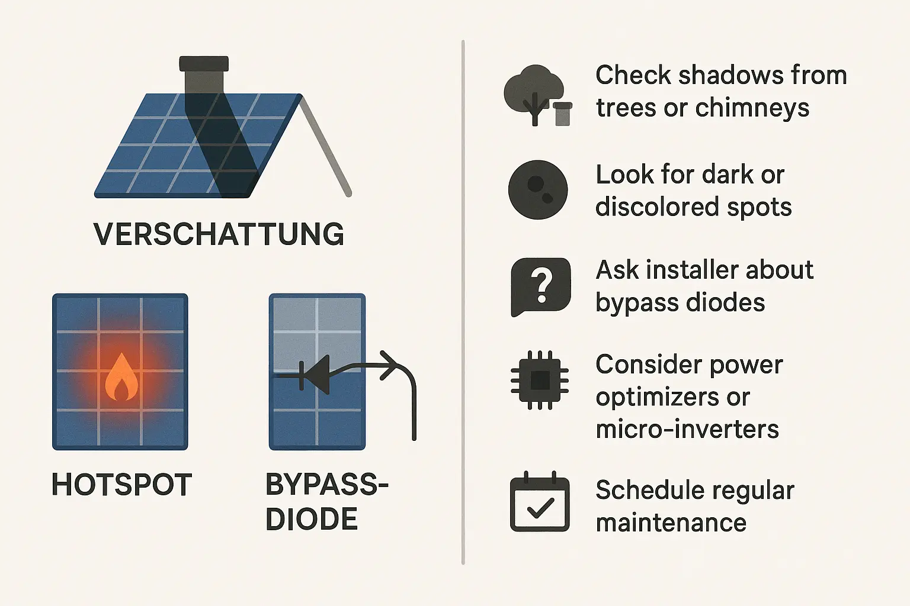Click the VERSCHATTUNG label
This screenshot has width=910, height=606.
(x=219, y=234)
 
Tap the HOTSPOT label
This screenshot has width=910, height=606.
(x=121, y=484)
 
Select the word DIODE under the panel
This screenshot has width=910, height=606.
(x=312, y=519)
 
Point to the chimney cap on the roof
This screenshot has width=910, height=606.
(x=204, y=64)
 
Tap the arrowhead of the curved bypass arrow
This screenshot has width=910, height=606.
(x=389, y=365)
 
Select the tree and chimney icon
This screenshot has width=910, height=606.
(x=538, y=95)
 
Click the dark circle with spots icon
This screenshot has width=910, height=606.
(x=538, y=190)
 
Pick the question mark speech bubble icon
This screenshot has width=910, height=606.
(x=541, y=286)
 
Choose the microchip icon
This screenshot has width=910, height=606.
(x=540, y=380)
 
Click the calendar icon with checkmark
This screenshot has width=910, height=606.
(x=540, y=502)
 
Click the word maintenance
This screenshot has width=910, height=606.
(x=671, y=523)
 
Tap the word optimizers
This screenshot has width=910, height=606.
(x=657, y=397)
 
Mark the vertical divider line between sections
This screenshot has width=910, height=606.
(x=463, y=302)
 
